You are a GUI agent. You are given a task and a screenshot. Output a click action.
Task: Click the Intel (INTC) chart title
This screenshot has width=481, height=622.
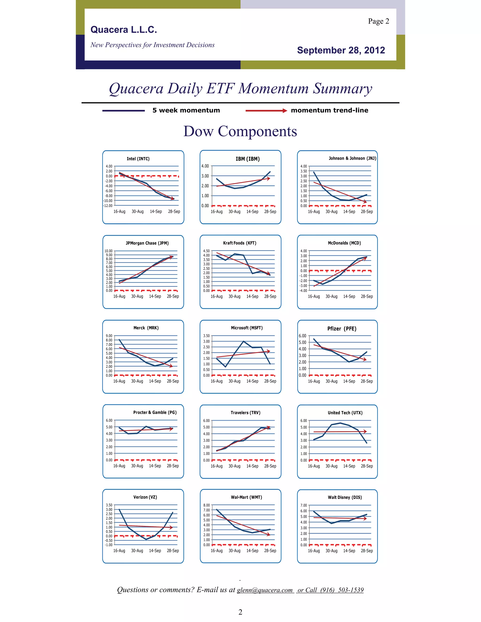[x=138, y=159]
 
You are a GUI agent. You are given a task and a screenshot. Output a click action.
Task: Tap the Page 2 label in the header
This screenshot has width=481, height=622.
[x=378, y=21]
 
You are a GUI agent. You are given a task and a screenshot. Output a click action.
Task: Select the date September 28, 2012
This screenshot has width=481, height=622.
[x=341, y=50]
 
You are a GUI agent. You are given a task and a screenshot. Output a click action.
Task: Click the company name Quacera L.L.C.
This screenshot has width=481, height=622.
[x=124, y=30]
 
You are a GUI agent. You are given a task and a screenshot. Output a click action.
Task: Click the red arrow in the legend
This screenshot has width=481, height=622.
[x=266, y=111]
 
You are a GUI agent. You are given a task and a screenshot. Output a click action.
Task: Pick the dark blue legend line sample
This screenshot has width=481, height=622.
[x=123, y=111]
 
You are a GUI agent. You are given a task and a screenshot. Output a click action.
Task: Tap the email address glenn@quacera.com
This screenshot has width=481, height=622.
[x=265, y=590]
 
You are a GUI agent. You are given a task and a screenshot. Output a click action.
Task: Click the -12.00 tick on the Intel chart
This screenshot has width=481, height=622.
[x=108, y=206]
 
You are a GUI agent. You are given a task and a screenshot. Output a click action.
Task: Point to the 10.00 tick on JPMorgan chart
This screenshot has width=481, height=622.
[x=109, y=251]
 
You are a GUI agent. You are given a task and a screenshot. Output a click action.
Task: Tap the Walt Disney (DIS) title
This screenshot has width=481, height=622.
[x=345, y=497]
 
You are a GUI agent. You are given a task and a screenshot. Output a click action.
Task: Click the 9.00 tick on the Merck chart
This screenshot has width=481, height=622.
[x=109, y=336]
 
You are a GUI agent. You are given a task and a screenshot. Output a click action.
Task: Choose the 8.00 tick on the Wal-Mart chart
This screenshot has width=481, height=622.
[x=206, y=505]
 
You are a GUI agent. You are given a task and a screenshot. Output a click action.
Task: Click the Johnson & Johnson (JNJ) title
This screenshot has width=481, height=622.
[x=352, y=158]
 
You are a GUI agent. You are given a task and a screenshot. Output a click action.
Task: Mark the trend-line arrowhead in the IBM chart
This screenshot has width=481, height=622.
[x=268, y=179]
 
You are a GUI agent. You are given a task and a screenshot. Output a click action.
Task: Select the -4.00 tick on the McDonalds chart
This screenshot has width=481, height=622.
[x=303, y=291]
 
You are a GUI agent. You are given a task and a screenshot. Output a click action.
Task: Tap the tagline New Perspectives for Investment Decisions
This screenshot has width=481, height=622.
[x=152, y=45]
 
